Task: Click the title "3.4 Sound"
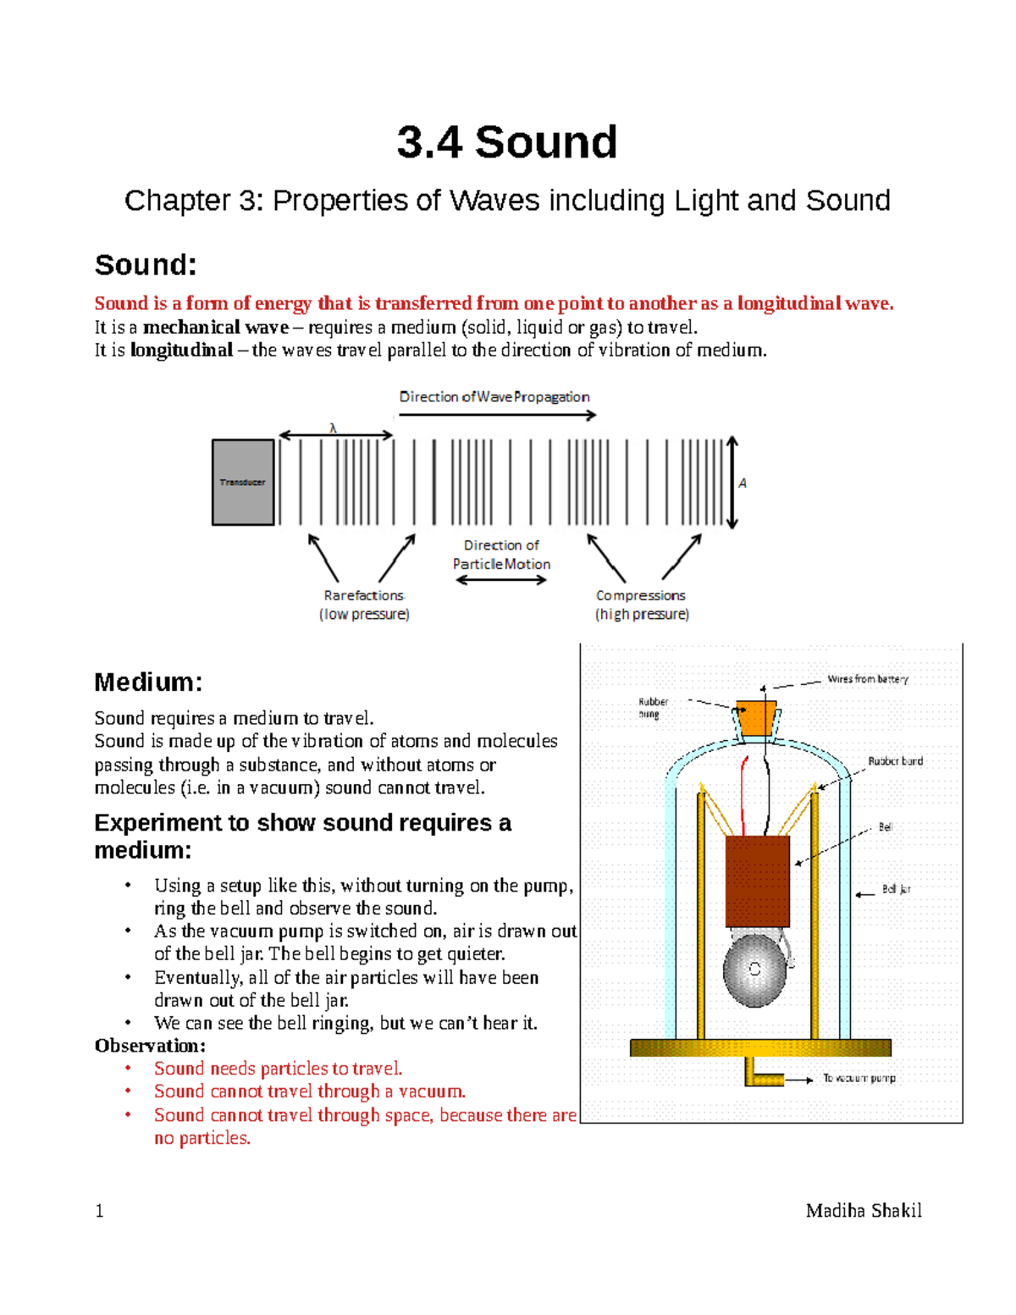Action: pos(506,142)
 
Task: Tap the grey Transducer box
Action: pos(243,483)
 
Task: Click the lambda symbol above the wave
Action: pos(333,428)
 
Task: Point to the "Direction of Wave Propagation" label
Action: pos(494,397)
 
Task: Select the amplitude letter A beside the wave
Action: pos(743,483)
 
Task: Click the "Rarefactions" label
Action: pos(363,595)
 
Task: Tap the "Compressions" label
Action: pos(640,595)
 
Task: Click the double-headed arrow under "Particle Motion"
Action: pos(501,580)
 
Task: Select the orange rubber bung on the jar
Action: pos(755,718)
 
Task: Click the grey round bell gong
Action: pos(754,970)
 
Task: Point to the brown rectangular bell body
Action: pos(757,881)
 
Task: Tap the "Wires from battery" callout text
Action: pos(867,679)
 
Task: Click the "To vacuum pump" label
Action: pos(859,1078)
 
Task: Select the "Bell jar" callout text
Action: pos(896,889)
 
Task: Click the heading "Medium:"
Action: pos(148,682)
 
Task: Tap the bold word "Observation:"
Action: pos(150,1046)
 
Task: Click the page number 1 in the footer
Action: pos(99,1211)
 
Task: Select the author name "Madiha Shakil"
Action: pos(864,1211)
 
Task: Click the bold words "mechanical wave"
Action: pos(216,328)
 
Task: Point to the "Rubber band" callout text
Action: pos(895,761)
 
